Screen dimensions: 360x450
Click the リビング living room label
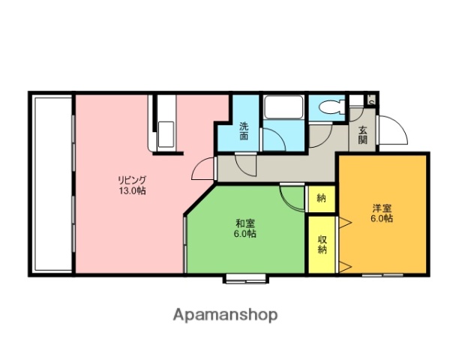(131, 180)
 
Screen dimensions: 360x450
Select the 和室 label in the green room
(244, 223)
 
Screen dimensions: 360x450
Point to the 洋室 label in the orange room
(382, 208)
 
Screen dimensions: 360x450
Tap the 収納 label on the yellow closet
(322, 244)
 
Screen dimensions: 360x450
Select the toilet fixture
(328, 108)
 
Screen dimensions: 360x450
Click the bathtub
(283, 110)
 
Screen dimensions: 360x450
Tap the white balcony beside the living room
(52, 183)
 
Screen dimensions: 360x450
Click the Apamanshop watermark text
(226, 314)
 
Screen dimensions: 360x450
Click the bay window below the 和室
(245, 279)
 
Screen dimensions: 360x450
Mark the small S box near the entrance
(371, 98)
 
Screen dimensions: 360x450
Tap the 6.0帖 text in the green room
(244, 235)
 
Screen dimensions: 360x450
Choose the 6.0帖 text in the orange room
(382, 220)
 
